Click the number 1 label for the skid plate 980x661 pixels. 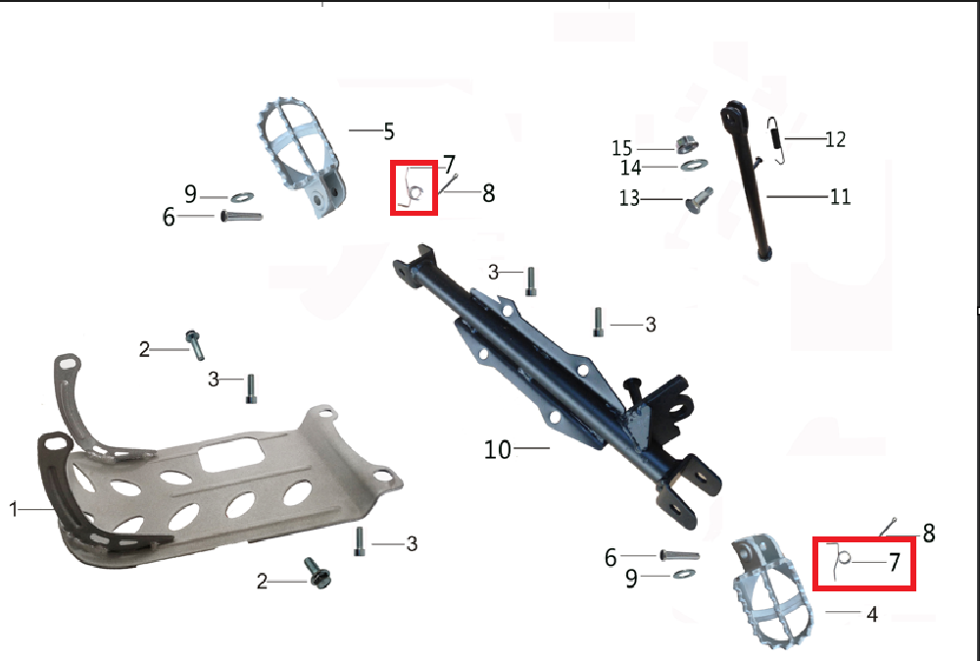click(13, 509)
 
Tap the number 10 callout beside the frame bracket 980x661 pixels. click(498, 449)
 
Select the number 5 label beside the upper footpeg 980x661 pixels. click(389, 132)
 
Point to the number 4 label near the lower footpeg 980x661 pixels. click(872, 614)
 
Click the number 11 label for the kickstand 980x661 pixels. click(841, 197)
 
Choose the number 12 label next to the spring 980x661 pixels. click(836, 139)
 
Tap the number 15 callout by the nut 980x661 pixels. click(622, 148)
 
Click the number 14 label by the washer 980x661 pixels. click(630, 168)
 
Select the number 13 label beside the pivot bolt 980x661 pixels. click(629, 198)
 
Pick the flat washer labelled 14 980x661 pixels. click(695, 165)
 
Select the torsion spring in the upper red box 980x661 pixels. click(414, 188)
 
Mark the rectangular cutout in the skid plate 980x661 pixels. click(232, 453)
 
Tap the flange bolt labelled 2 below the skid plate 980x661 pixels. click(318, 573)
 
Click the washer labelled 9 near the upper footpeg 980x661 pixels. click(242, 197)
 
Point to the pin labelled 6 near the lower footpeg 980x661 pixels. click(679, 555)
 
